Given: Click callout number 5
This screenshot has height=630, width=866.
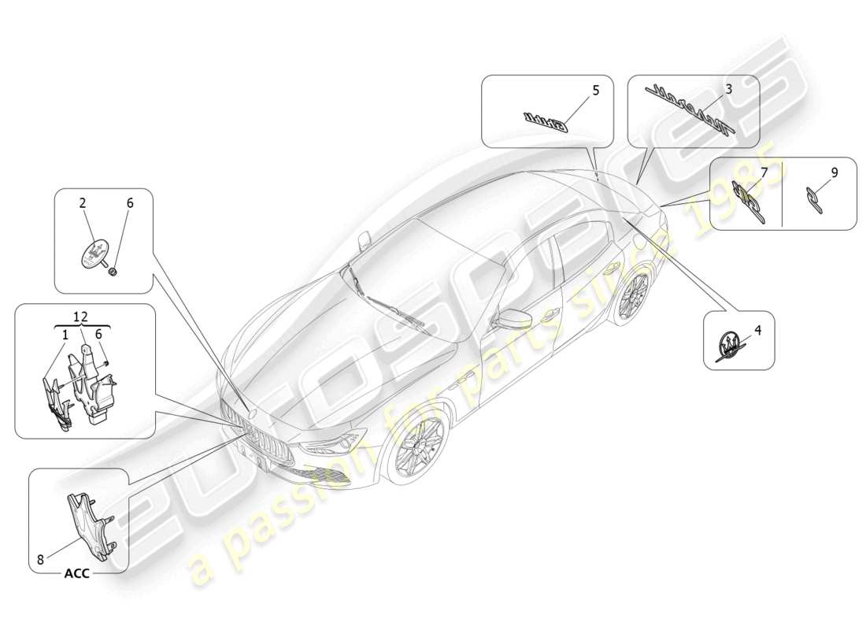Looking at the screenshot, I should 595,91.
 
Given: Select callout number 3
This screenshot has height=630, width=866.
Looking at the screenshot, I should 729,90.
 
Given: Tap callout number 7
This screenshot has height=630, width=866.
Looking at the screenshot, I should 763,172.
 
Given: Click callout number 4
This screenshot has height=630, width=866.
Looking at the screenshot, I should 757,331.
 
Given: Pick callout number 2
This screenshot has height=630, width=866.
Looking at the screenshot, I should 83,203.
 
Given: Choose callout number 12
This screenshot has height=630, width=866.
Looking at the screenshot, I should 82,317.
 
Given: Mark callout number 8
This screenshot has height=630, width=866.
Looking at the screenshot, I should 40,560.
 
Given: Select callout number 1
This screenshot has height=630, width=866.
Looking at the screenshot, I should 65,334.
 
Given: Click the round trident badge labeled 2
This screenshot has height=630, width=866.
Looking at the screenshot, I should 94,252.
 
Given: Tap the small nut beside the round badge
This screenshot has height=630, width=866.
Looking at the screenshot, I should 115,271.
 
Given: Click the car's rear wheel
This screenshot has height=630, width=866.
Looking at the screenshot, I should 633,295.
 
